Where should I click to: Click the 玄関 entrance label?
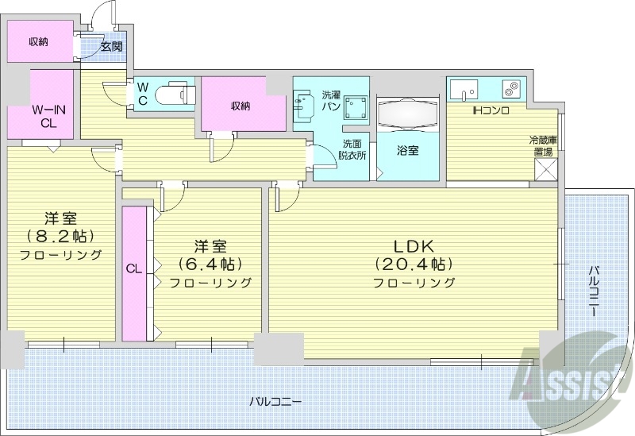pos(111,46)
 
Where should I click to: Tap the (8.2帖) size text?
pos(60,236)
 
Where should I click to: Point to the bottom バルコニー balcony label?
pos(275,401)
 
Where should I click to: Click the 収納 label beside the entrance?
pos(38,41)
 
